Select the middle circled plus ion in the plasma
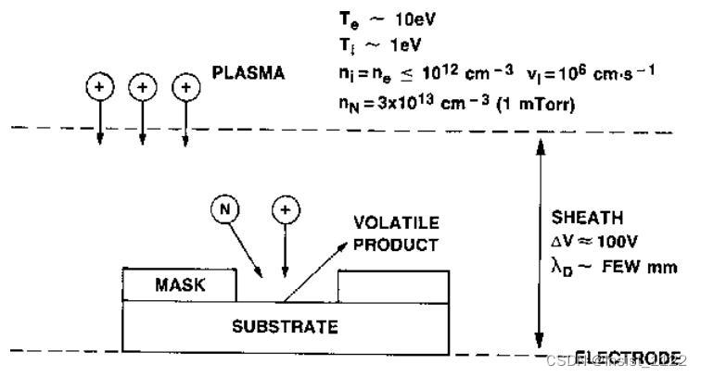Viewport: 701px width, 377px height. [142, 87]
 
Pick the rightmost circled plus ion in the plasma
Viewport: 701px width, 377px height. [186, 87]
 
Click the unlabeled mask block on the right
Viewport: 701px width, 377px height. [395, 285]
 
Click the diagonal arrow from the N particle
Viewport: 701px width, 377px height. [247, 245]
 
